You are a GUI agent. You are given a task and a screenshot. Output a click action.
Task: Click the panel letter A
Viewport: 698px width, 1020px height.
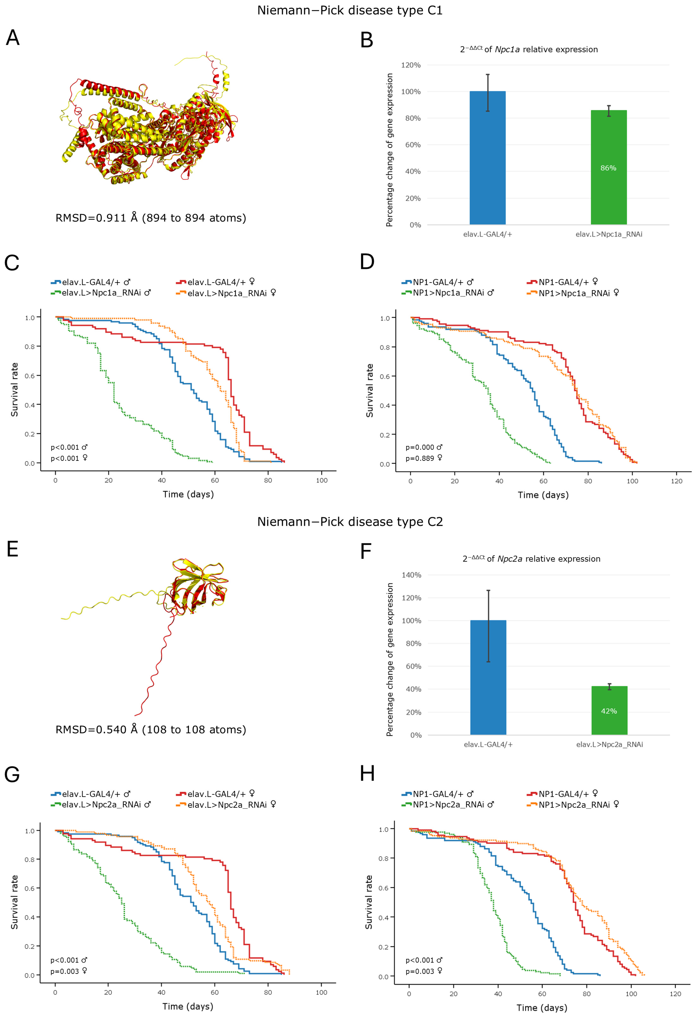click(13, 38)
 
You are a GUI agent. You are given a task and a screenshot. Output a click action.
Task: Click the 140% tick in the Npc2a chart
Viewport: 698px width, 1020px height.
click(411, 575)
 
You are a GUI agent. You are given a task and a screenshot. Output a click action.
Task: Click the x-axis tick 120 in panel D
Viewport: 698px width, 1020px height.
click(677, 481)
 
